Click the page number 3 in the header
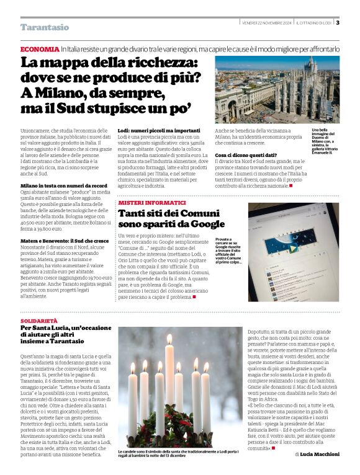click(x=338, y=23)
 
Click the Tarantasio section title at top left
click(x=45, y=27)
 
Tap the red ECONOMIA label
click(x=40, y=48)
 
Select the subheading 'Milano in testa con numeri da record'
click(x=64, y=185)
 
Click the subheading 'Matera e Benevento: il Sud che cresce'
click(x=66, y=239)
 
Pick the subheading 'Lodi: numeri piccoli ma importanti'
click(x=159, y=131)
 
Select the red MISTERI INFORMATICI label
click(x=152, y=203)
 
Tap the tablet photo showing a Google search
click(x=293, y=251)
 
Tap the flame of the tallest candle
click(x=169, y=340)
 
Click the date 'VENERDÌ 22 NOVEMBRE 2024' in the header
click(x=266, y=23)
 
